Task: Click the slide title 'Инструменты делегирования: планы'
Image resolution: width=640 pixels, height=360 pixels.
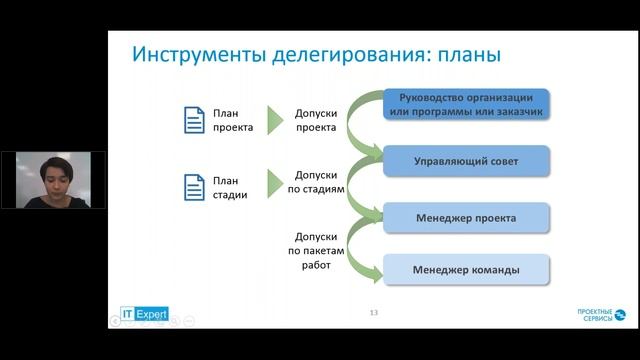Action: pos(317,54)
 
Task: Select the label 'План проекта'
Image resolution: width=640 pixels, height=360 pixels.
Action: pos(232,120)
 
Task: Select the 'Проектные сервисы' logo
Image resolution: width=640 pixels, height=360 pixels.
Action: pos(601,315)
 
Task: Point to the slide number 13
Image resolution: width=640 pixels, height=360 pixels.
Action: pos(373,313)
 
